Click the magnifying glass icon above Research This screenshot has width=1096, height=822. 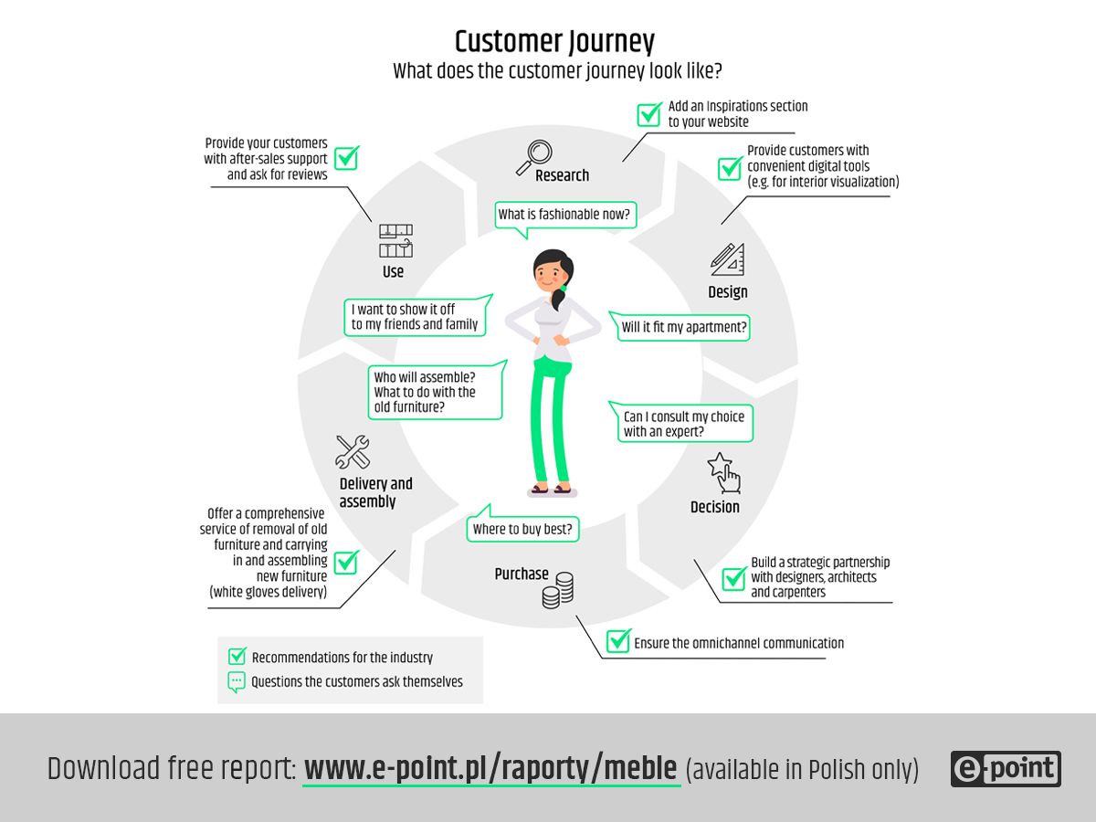click(533, 156)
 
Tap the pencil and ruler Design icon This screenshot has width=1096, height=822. click(727, 259)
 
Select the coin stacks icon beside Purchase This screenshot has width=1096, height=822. click(557, 590)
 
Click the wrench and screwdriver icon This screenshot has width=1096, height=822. click(353, 452)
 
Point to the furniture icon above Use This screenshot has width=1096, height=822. click(395, 240)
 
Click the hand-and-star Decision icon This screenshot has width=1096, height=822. click(723, 472)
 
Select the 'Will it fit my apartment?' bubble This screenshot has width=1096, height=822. click(683, 327)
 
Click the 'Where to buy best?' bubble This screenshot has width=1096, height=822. click(523, 529)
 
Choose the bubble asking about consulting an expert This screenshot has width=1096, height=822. click(682, 424)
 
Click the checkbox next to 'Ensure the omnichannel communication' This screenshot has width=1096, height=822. click(618, 641)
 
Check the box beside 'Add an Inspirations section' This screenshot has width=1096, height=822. click(649, 114)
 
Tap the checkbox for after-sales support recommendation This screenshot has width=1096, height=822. click(346, 158)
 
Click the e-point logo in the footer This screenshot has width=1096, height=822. click(1006, 769)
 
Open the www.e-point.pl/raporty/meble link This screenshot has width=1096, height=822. click(490, 769)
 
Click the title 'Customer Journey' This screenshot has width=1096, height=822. click(554, 42)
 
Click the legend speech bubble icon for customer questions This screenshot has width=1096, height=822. click(237, 681)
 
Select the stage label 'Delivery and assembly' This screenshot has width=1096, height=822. click(375, 492)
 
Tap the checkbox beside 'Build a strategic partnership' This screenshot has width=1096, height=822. click(734, 579)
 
